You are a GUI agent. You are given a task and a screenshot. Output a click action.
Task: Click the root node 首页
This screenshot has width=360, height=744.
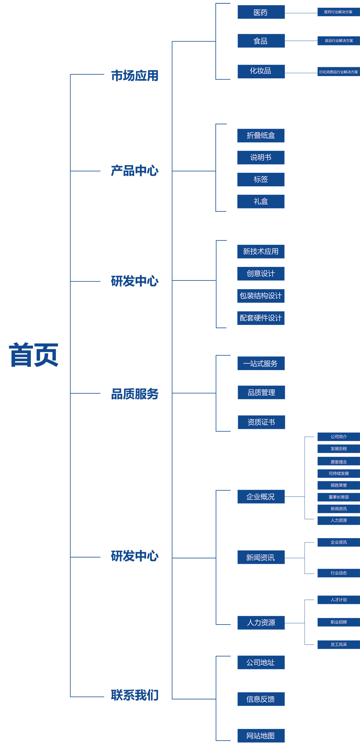point(33,355)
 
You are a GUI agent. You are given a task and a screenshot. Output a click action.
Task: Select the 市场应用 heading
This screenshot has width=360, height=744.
point(134,76)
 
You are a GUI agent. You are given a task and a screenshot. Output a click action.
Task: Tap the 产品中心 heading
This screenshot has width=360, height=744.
point(134,171)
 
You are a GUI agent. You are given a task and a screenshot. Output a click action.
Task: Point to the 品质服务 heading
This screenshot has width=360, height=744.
point(134,394)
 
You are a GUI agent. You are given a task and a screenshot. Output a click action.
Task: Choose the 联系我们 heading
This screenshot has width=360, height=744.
point(134,695)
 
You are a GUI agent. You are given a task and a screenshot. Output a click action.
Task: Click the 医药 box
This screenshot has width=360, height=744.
point(261,12)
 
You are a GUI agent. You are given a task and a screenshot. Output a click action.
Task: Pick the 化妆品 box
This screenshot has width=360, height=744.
point(261,71)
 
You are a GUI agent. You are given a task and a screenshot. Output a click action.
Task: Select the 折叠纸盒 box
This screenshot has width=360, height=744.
point(261,136)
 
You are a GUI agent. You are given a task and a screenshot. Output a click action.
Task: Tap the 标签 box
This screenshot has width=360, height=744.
point(261,179)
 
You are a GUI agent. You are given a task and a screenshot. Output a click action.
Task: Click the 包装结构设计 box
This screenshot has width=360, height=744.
point(261,296)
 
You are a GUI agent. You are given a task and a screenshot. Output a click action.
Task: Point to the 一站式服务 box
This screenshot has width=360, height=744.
point(261,364)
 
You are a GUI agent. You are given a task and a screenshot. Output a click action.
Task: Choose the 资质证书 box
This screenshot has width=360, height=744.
point(261,422)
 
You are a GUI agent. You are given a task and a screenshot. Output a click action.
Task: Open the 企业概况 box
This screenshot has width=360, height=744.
point(261,497)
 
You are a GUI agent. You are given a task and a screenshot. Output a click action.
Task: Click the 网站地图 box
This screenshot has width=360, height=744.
point(261,736)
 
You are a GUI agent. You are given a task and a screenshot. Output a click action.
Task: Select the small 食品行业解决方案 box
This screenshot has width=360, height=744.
point(338,41)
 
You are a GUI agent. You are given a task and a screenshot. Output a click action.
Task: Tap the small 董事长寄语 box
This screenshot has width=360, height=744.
point(338,497)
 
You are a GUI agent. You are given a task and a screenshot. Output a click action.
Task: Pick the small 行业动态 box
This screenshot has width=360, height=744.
point(338,573)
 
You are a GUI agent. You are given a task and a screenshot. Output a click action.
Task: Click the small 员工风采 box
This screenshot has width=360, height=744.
point(338,644)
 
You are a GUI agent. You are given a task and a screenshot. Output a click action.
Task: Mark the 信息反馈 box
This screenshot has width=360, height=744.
point(261,699)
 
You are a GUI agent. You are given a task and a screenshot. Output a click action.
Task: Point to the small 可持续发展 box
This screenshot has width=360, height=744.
point(338,473)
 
